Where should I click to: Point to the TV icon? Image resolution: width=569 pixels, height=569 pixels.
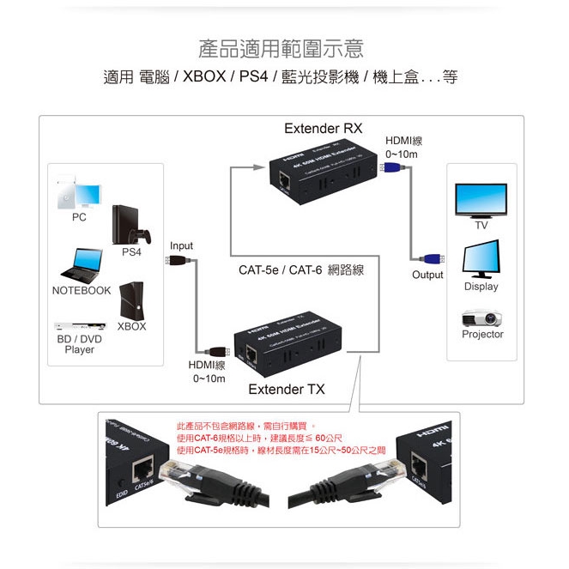(481, 201)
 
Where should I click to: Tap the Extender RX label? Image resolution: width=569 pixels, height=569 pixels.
(323, 129)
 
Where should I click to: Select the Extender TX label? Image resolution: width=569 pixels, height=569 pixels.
(287, 390)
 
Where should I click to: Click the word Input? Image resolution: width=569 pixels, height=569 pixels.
(181, 246)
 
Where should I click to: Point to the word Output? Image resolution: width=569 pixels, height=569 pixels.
(427, 275)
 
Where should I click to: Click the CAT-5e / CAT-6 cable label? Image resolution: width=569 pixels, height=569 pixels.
(301, 270)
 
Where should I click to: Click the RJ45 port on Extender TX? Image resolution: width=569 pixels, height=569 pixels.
(251, 353)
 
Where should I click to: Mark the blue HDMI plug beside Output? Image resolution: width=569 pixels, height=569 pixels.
(430, 258)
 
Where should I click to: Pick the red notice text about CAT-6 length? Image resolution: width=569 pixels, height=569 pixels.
(269, 437)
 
